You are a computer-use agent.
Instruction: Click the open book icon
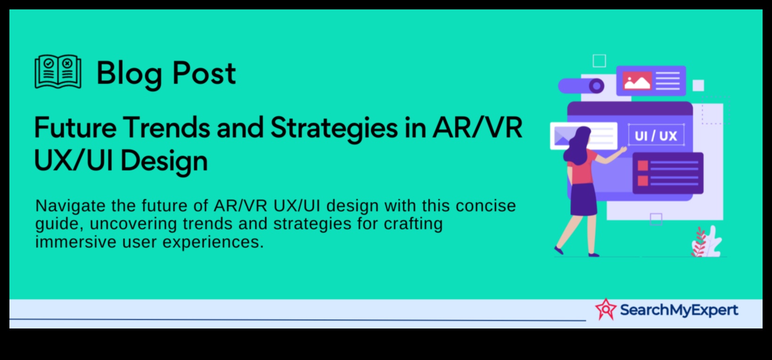click(58, 72)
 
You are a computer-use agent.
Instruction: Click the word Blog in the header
click(129, 74)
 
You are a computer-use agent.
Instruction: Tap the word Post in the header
click(204, 72)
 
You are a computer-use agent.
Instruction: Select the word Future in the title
click(75, 128)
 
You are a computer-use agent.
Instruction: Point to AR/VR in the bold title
click(477, 128)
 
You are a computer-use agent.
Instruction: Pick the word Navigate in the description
click(71, 207)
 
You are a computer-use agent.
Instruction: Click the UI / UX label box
click(656, 135)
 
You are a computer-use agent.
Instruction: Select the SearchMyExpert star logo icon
click(605, 309)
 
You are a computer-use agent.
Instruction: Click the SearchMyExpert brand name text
click(679, 310)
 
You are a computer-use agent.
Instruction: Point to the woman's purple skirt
click(584, 199)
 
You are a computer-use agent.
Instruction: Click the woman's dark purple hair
click(577, 144)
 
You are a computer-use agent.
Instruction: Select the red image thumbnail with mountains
click(637, 81)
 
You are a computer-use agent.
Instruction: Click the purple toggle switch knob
click(596, 86)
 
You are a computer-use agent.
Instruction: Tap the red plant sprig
click(699, 242)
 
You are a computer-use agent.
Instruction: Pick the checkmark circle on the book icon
click(48, 63)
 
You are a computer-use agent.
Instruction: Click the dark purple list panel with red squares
click(667, 173)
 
